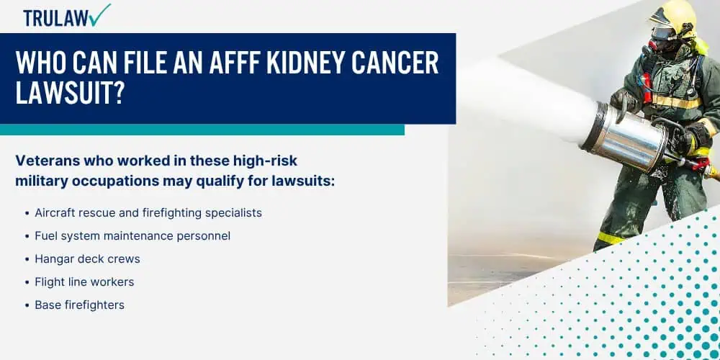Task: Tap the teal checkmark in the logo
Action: click(101, 14)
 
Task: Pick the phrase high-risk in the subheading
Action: click(266, 161)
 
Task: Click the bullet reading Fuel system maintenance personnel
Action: click(132, 236)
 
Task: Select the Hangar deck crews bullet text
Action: click(87, 259)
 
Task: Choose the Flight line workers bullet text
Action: click(84, 282)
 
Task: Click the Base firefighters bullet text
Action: click(79, 305)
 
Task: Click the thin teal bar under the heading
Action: click(202, 130)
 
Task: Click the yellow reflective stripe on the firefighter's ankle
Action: click(611, 238)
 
